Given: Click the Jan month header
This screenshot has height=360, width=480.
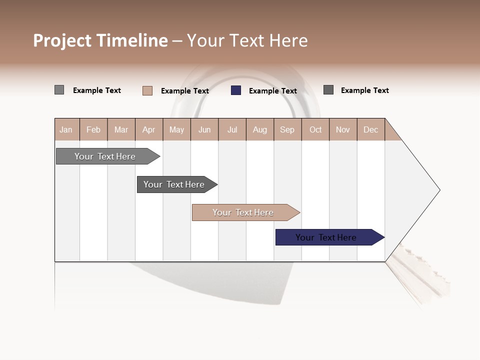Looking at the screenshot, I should coord(66,129).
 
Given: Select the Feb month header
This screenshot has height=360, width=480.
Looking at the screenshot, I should coord(93,129).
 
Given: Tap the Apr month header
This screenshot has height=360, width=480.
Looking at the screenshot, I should coord(149,129).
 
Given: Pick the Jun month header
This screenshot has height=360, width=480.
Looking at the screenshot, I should coord(204,129).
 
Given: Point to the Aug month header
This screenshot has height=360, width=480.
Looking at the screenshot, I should coord(260,129).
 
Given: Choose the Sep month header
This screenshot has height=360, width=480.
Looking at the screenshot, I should coord(287,129).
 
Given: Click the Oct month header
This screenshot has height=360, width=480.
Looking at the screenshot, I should coord(315,129).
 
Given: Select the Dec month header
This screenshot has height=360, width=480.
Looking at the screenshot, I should coord(371,129).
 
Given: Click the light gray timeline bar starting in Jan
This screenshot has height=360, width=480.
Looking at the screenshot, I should coord(105,156).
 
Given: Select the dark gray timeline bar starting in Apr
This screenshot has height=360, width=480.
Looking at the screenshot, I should coord(174,184).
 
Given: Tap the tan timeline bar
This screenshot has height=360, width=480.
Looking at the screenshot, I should coord(243,212).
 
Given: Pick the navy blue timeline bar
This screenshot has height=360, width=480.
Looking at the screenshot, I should coord(326,237).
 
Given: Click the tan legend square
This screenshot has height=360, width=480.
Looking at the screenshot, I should coord(147,90).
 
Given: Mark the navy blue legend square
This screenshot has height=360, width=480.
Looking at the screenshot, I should coord(236,90).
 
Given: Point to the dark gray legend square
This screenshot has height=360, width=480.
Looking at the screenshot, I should coord(328,90).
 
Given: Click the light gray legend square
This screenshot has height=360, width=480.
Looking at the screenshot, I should coord(59,90).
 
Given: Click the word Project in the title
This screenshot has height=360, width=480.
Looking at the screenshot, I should coord(62,41).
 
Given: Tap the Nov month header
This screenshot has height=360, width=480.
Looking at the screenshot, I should coord(343,129).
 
